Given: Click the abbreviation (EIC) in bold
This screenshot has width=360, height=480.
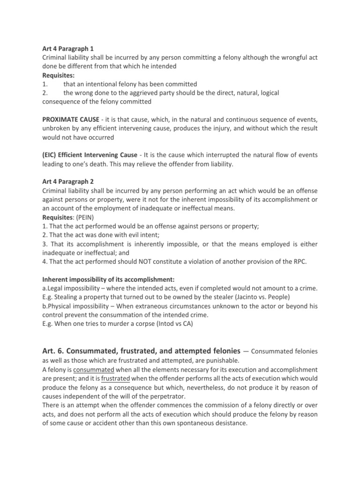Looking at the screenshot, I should click(50, 156).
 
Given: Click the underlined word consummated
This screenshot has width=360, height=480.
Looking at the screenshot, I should click(90, 369).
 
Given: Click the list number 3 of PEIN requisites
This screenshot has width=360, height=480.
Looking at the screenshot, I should click(44, 244).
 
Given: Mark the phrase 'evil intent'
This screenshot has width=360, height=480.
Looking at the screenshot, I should click(134, 235).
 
